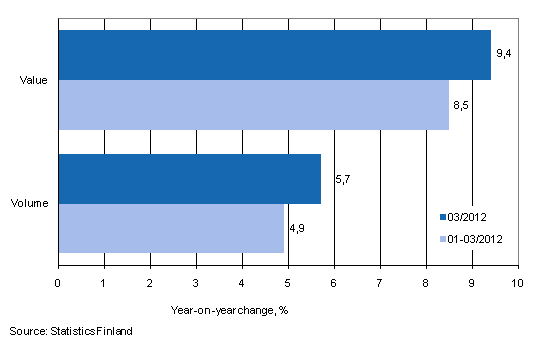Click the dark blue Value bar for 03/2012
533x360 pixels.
click(274, 55)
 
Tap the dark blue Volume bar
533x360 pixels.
click(189, 179)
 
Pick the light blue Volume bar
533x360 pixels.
click(171, 228)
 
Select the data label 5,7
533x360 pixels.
click(334, 180)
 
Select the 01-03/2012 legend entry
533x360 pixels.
click(474, 238)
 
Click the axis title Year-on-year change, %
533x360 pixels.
click(229, 308)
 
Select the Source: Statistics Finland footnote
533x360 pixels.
click(71, 330)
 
